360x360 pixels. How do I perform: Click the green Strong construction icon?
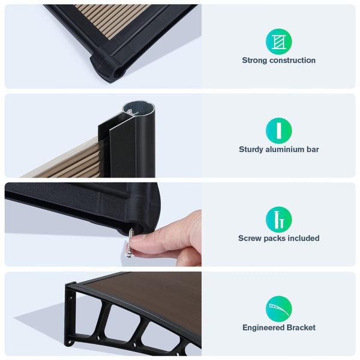pyautogui.click(x=279, y=41)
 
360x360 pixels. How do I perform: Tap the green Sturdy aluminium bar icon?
pyautogui.click(x=279, y=131)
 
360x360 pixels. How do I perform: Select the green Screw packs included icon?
pyautogui.click(x=279, y=220)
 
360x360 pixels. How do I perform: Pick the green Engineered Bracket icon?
pyautogui.click(x=279, y=309)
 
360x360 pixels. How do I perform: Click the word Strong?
pyautogui.click(x=254, y=61)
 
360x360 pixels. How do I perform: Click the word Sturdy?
pyautogui.click(x=251, y=149)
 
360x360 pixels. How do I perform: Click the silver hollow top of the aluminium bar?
pyautogui.click(x=138, y=109)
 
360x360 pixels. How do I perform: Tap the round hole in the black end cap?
pyautogui.click(x=119, y=73)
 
